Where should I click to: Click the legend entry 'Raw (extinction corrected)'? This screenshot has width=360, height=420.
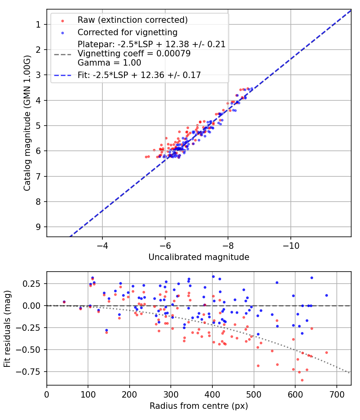pos(132,20)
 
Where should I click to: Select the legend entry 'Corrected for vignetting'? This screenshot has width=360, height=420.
pos(127,32)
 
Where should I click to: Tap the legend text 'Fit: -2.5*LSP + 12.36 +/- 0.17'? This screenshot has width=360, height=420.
pos(139,75)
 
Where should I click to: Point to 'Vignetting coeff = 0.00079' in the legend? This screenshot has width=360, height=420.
pos(134,54)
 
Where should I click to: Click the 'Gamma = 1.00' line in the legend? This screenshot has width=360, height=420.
pos(109,63)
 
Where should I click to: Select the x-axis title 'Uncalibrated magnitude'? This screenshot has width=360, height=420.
pos(199,257)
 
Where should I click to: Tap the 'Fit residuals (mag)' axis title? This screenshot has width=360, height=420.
pos(7,328)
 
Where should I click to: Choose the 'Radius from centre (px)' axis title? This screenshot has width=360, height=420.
pos(199,406)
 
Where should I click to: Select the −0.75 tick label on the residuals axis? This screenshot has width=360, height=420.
pos(32,372)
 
